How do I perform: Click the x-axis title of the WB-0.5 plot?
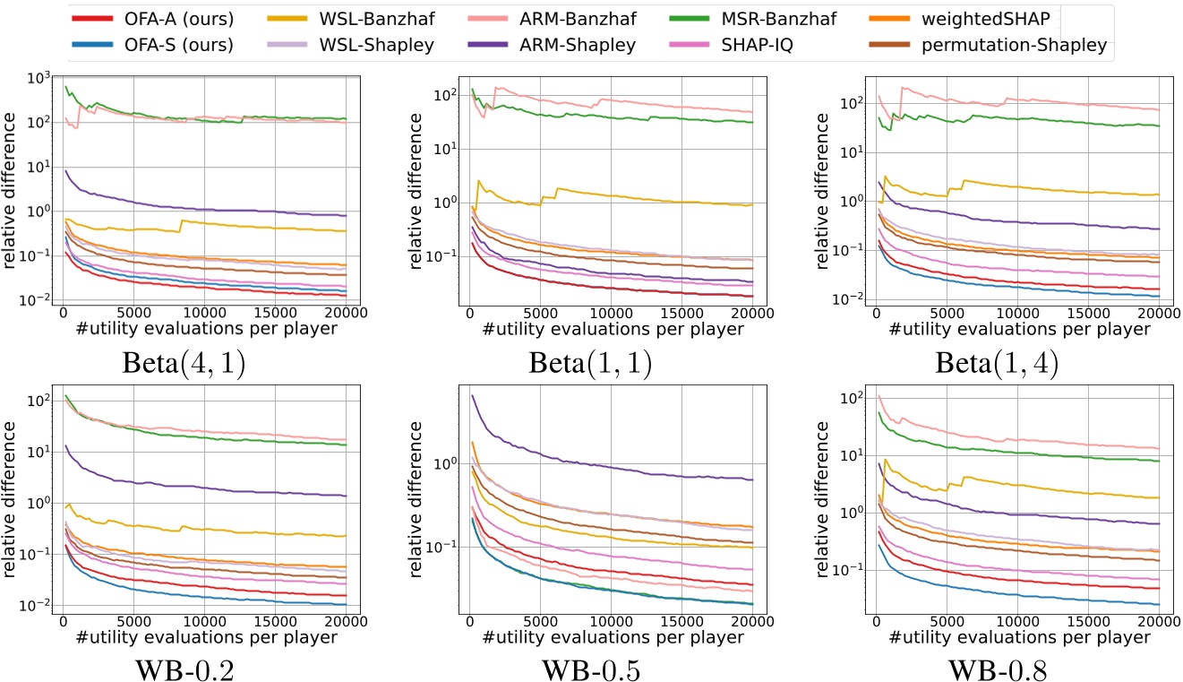point(610,637)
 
